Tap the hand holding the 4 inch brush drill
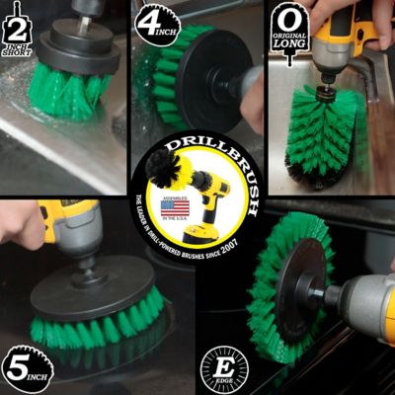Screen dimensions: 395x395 pos(253,99)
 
